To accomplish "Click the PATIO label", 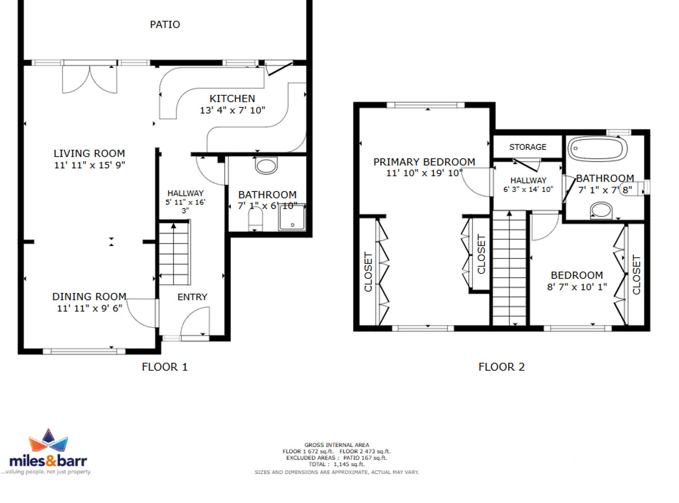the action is (165, 24).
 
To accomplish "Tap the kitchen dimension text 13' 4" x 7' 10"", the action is (233, 110).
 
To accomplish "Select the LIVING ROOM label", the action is (89, 153).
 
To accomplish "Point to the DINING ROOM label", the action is (89, 297).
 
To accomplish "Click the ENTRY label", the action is (192, 297).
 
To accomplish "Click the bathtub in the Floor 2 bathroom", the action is (598, 149).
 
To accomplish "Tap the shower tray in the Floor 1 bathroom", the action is (292, 217).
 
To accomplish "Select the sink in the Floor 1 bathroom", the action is (266, 166).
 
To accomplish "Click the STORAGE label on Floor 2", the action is (528, 147).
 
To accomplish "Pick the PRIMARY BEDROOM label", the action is (424, 162).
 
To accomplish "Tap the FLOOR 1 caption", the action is (165, 367).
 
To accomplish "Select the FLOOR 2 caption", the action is (501, 367).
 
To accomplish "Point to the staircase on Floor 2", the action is (509, 268).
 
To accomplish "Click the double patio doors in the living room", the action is (90, 79).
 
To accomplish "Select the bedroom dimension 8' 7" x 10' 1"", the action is (577, 287).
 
